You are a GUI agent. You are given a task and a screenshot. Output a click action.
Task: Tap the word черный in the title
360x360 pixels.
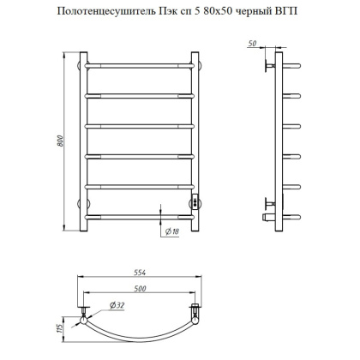click(x=258, y=11)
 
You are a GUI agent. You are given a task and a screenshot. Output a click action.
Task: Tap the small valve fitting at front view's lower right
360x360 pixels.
click(x=197, y=202)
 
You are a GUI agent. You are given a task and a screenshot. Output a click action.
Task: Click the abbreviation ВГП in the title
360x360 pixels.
click(x=292, y=11)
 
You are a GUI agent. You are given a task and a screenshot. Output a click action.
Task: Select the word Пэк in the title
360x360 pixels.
click(x=168, y=11)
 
